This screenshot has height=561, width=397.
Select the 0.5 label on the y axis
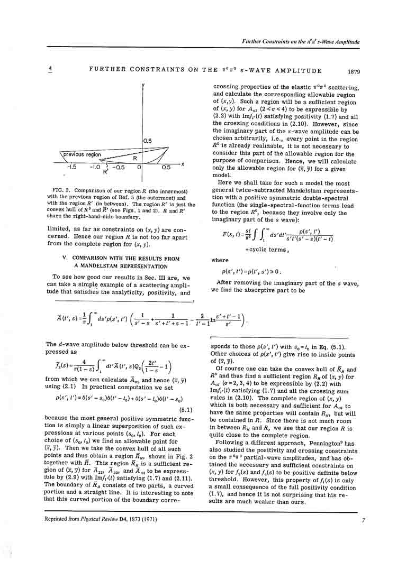pyautogui.click(x=148, y=141)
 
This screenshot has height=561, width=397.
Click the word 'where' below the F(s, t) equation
pyautogui.click(x=220, y=260)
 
